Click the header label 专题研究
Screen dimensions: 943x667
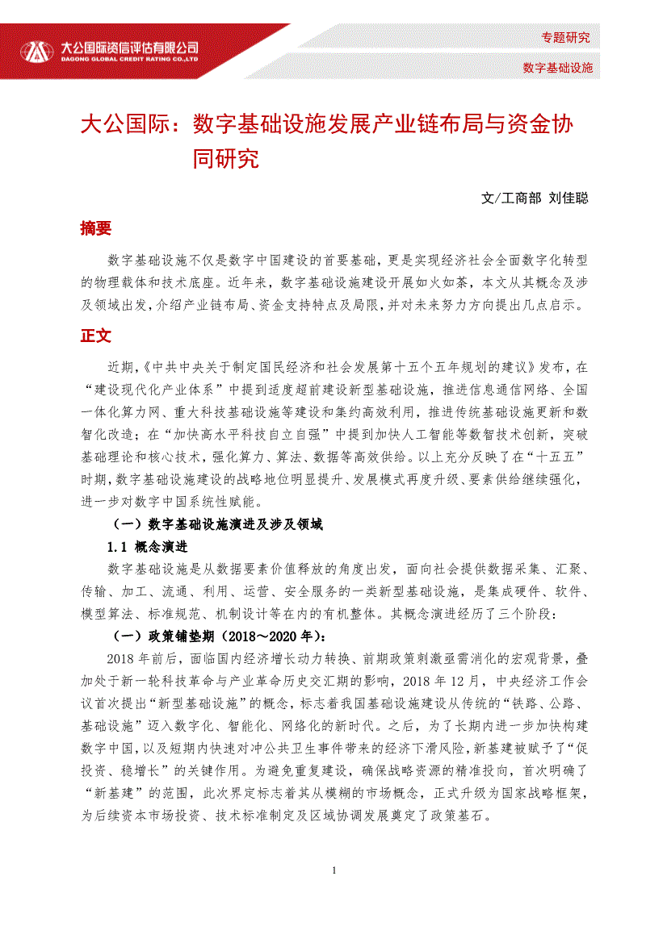(x=565, y=37)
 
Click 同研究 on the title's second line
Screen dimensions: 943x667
(x=226, y=158)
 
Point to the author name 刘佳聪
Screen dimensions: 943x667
(x=568, y=198)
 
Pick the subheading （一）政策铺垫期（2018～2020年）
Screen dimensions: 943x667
(x=218, y=634)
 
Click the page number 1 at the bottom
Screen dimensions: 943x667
(x=334, y=870)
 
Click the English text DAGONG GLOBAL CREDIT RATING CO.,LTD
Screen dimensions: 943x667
(x=130, y=59)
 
